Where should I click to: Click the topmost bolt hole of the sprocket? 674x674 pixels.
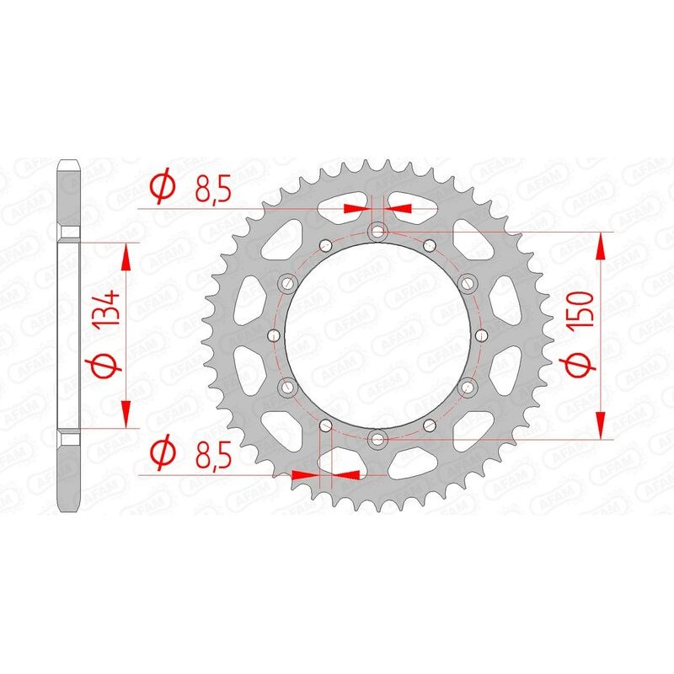[377, 232]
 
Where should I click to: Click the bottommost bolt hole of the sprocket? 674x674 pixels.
[377, 437]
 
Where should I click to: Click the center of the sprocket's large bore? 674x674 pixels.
[377, 334]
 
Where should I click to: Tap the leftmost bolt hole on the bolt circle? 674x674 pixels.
[272, 334]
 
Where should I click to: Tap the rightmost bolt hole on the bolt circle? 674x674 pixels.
[482, 334]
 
